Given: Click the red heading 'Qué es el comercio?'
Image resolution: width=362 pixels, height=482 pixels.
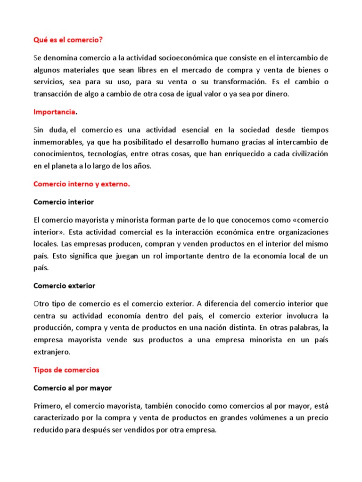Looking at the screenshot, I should [x=67, y=40].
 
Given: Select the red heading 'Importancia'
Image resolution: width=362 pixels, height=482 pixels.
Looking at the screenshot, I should [x=54, y=112].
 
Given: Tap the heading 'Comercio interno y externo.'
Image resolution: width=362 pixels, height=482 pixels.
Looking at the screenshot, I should [x=81, y=184].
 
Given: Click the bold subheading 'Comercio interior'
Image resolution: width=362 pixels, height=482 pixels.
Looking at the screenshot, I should [x=64, y=202].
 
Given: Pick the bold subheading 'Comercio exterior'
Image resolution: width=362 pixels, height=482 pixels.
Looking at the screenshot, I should [x=65, y=286].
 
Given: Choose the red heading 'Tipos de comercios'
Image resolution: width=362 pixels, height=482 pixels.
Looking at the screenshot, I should [x=66, y=370].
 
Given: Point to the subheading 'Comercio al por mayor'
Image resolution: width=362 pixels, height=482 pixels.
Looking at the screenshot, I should [x=73, y=388].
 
